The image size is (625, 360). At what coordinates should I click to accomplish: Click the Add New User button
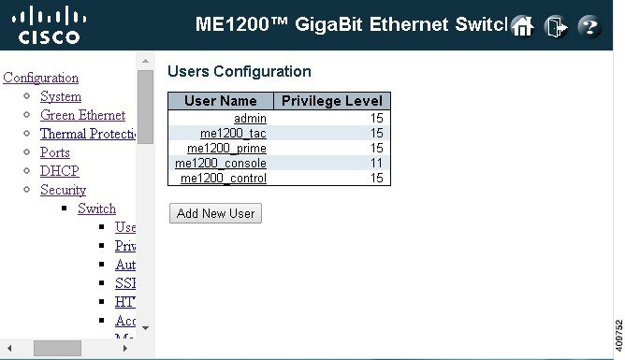(x=215, y=213)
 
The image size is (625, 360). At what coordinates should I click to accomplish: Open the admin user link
(x=250, y=118)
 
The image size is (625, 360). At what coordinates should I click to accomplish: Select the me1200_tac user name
(x=233, y=133)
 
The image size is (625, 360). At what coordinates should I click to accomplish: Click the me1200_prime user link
(x=226, y=148)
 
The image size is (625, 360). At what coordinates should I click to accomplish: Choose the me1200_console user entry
(x=221, y=163)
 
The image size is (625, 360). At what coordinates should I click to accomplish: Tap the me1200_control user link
(x=224, y=178)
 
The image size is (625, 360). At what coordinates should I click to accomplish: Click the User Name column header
(x=220, y=101)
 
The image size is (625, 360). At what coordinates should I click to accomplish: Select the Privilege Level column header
(x=331, y=101)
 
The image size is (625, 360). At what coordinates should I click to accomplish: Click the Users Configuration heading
(x=239, y=71)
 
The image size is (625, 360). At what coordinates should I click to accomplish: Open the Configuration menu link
(x=39, y=78)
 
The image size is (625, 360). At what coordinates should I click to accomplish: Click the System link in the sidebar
(x=61, y=96)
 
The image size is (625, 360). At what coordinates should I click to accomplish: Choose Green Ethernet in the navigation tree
(x=82, y=115)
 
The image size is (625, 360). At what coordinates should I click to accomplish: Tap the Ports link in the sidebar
(x=55, y=152)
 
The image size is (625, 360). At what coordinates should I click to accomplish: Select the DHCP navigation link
(x=59, y=171)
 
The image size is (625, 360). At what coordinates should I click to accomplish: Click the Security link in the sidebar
(x=63, y=190)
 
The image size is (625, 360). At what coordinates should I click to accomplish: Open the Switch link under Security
(x=96, y=209)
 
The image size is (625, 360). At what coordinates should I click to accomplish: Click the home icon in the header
(x=523, y=26)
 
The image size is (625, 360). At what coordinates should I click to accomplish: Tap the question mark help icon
(x=589, y=26)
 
